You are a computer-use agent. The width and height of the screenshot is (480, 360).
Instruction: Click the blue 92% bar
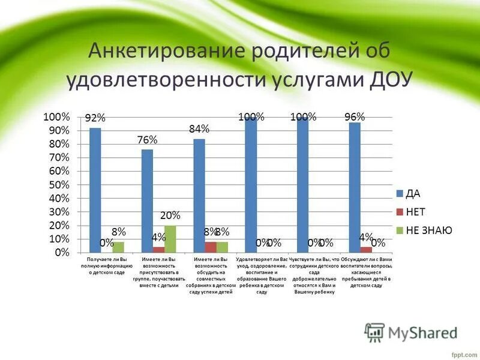pos(95,190)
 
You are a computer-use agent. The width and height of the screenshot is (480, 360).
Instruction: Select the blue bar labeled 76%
pos(147,200)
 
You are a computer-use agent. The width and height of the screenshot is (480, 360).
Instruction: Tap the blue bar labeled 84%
pos(199,195)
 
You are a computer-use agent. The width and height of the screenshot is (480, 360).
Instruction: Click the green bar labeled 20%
pos(170,239)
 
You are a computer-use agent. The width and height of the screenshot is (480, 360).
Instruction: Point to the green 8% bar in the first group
pos(118,247)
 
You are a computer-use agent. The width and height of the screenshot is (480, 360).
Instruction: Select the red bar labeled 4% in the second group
pos(158,250)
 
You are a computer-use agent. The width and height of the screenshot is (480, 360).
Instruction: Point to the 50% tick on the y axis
pos(58,184)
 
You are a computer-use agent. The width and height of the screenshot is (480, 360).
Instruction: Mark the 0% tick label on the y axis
pos(62,253)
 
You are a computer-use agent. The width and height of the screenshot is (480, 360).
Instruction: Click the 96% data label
pos(355,116)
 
